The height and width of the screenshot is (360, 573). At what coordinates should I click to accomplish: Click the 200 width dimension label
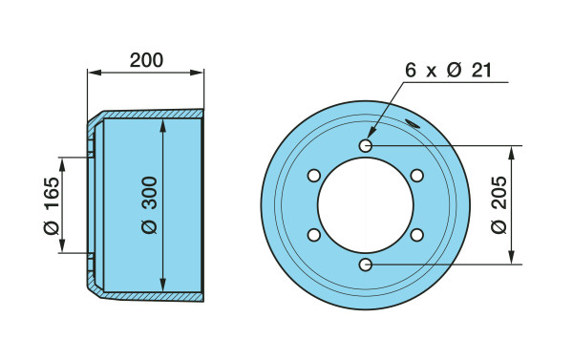[x=146, y=60]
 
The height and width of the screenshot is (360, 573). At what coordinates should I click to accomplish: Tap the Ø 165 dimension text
[x=52, y=205]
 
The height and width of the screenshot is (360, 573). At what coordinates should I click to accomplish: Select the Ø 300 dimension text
[x=149, y=205]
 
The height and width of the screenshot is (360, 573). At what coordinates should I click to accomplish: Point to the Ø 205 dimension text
[x=499, y=205]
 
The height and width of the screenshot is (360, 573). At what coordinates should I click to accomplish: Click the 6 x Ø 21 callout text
[x=449, y=70]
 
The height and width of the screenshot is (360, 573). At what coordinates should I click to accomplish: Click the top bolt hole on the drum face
[x=366, y=146]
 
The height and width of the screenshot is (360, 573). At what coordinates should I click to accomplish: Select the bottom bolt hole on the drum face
[x=366, y=265]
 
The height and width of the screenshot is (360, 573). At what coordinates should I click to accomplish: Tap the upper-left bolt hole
[x=314, y=176]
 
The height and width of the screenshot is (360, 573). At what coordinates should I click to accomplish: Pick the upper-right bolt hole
[x=417, y=176]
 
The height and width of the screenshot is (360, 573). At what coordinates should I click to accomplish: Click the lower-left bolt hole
[x=314, y=235]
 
